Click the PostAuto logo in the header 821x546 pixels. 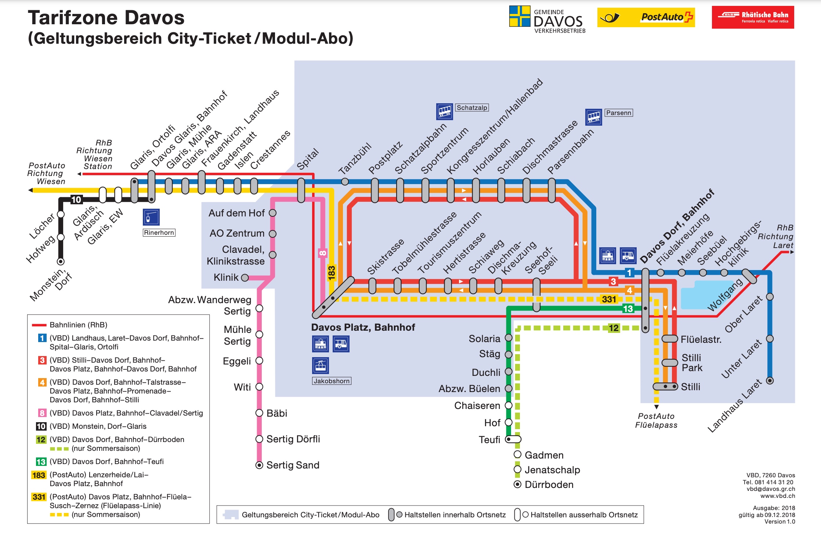coord(646,17)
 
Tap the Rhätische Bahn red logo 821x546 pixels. coord(753,17)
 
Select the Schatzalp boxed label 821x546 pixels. coord(472,108)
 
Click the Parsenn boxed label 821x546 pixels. coord(618,113)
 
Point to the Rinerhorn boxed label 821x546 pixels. coord(159,233)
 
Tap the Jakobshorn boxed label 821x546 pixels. coord(332,381)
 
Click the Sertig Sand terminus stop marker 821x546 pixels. coord(259,465)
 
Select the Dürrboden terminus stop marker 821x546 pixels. coord(517,484)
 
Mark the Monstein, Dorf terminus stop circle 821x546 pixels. coord(61,262)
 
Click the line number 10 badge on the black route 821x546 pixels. coord(76,200)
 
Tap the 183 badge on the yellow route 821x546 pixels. coord(332,273)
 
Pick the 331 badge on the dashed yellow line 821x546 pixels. coord(609,299)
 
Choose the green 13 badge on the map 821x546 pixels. coord(627,309)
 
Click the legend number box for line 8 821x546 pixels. coord(42,413)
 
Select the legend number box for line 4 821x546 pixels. coord(42,382)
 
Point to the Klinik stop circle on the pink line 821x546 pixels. coord(245,278)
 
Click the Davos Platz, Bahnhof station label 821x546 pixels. coord(363,327)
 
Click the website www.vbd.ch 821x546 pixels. coord(777,496)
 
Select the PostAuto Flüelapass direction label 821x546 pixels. coord(656,421)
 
